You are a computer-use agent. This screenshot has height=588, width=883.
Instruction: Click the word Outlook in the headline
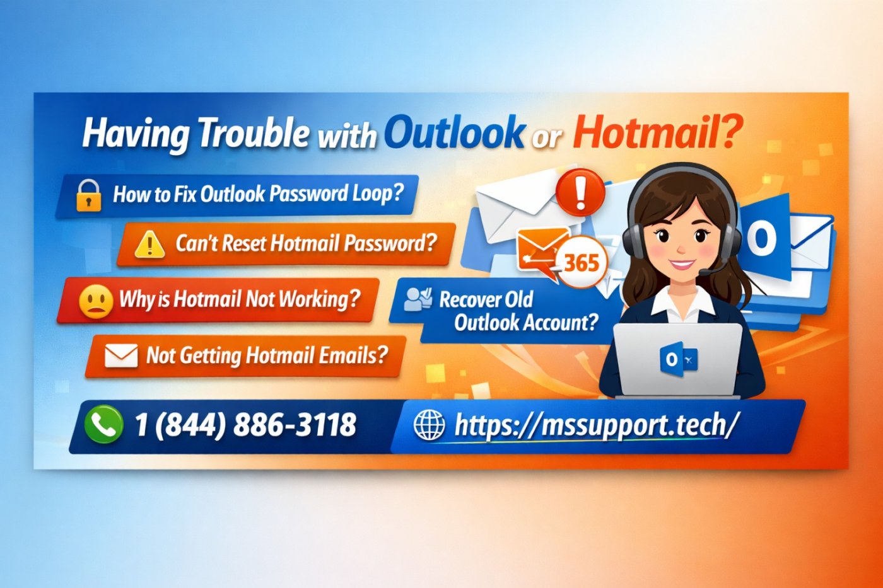pos(454,132)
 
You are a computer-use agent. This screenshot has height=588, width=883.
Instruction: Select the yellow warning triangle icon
pos(149,244)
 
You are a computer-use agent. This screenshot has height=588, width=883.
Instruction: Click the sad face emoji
pos(95,301)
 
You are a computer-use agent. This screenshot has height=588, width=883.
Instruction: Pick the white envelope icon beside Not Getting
pos(120,355)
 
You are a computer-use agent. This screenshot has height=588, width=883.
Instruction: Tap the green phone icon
pos(103,424)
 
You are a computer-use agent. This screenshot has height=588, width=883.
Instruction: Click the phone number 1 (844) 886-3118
pos(245,425)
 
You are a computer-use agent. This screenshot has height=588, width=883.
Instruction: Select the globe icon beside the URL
pos(429,425)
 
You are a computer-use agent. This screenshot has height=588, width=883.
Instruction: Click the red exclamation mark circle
pos(580,190)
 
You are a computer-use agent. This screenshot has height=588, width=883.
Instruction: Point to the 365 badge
pos(582,262)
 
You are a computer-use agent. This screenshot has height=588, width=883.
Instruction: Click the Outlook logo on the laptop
pos(678,360)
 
